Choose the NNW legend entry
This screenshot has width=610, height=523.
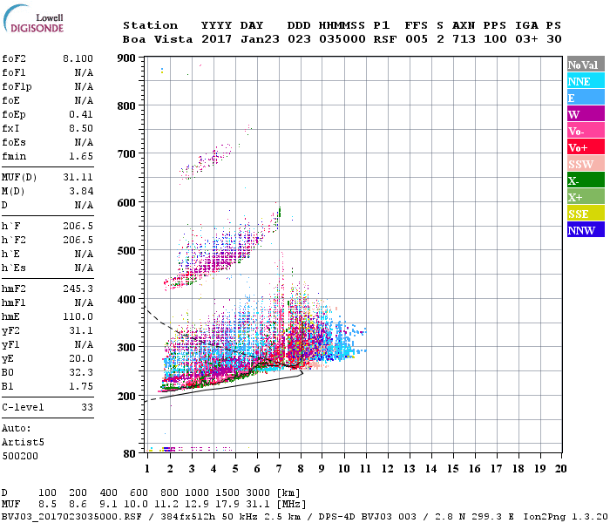[x=581, y=230]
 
